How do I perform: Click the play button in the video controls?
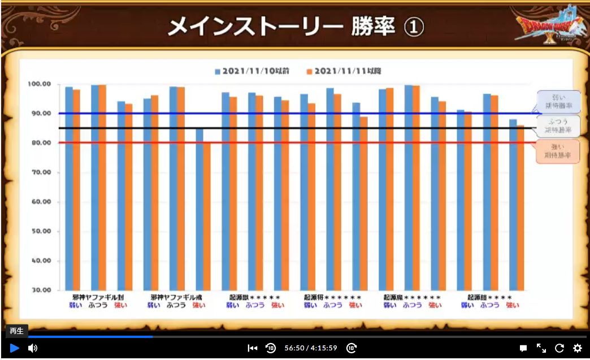[15, 348]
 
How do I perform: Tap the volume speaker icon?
[33, 348]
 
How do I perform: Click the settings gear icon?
[578, 348]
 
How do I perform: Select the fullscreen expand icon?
[541, 348]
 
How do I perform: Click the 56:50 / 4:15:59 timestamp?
[311, 348]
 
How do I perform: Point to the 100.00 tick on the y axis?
[40, 84]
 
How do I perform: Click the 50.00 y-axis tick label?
[40, 231]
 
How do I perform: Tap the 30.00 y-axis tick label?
[40, 290]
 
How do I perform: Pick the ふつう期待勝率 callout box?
[559, 126]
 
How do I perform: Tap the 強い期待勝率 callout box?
[559, 151]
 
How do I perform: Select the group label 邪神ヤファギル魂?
[176, 297]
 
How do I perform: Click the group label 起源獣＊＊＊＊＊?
[254, 297]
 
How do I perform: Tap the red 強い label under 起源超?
[513, 305]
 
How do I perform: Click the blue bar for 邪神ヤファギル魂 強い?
[199, 209]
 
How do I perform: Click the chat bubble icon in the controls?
[523, 348]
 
